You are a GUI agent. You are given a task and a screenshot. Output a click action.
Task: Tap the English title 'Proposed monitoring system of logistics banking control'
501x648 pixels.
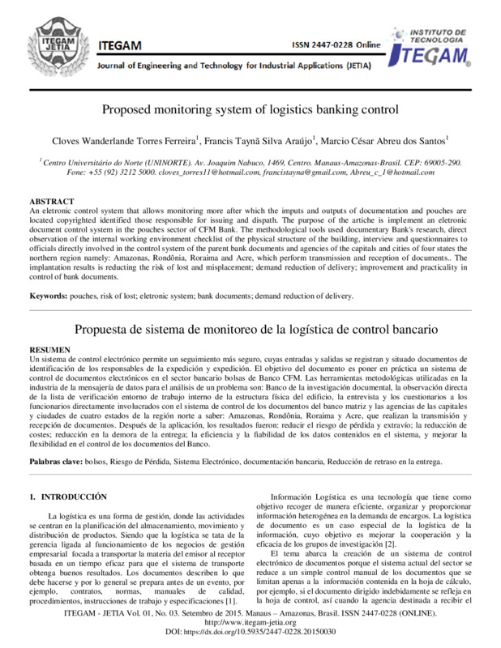(250, 110)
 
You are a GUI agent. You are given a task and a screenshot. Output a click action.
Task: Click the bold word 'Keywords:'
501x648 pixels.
(48, 296)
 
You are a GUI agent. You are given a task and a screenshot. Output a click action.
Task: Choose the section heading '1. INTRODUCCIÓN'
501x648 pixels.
(69, 495)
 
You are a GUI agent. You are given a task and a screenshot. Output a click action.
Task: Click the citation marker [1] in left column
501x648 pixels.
(231, 600)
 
